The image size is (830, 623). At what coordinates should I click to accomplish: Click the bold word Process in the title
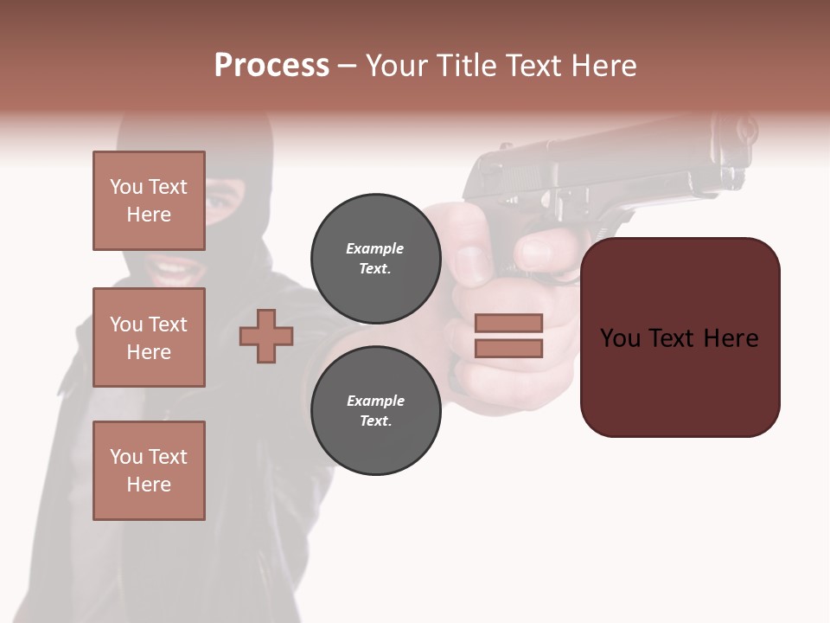point(271,66)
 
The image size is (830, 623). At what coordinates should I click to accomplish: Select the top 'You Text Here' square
point(149,201)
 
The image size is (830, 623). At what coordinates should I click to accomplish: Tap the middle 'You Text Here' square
point(149,337)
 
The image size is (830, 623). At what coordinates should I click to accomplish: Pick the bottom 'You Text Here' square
point(149,471)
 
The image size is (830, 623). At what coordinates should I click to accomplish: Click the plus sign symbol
point(266,336)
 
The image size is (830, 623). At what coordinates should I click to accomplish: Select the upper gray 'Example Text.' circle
point(375,259)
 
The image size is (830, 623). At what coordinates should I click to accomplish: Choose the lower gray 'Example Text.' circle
point(375,411)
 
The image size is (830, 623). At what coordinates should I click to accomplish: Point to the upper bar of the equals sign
point(508,323)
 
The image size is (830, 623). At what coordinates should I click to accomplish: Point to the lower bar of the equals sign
point(508,349)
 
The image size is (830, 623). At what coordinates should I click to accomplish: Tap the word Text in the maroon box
point(679,338)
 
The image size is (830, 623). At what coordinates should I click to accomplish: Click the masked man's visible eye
point(220,199)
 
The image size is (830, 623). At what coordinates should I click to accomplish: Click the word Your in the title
point(396,66)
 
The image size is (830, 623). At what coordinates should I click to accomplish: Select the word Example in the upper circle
point(375,249)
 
